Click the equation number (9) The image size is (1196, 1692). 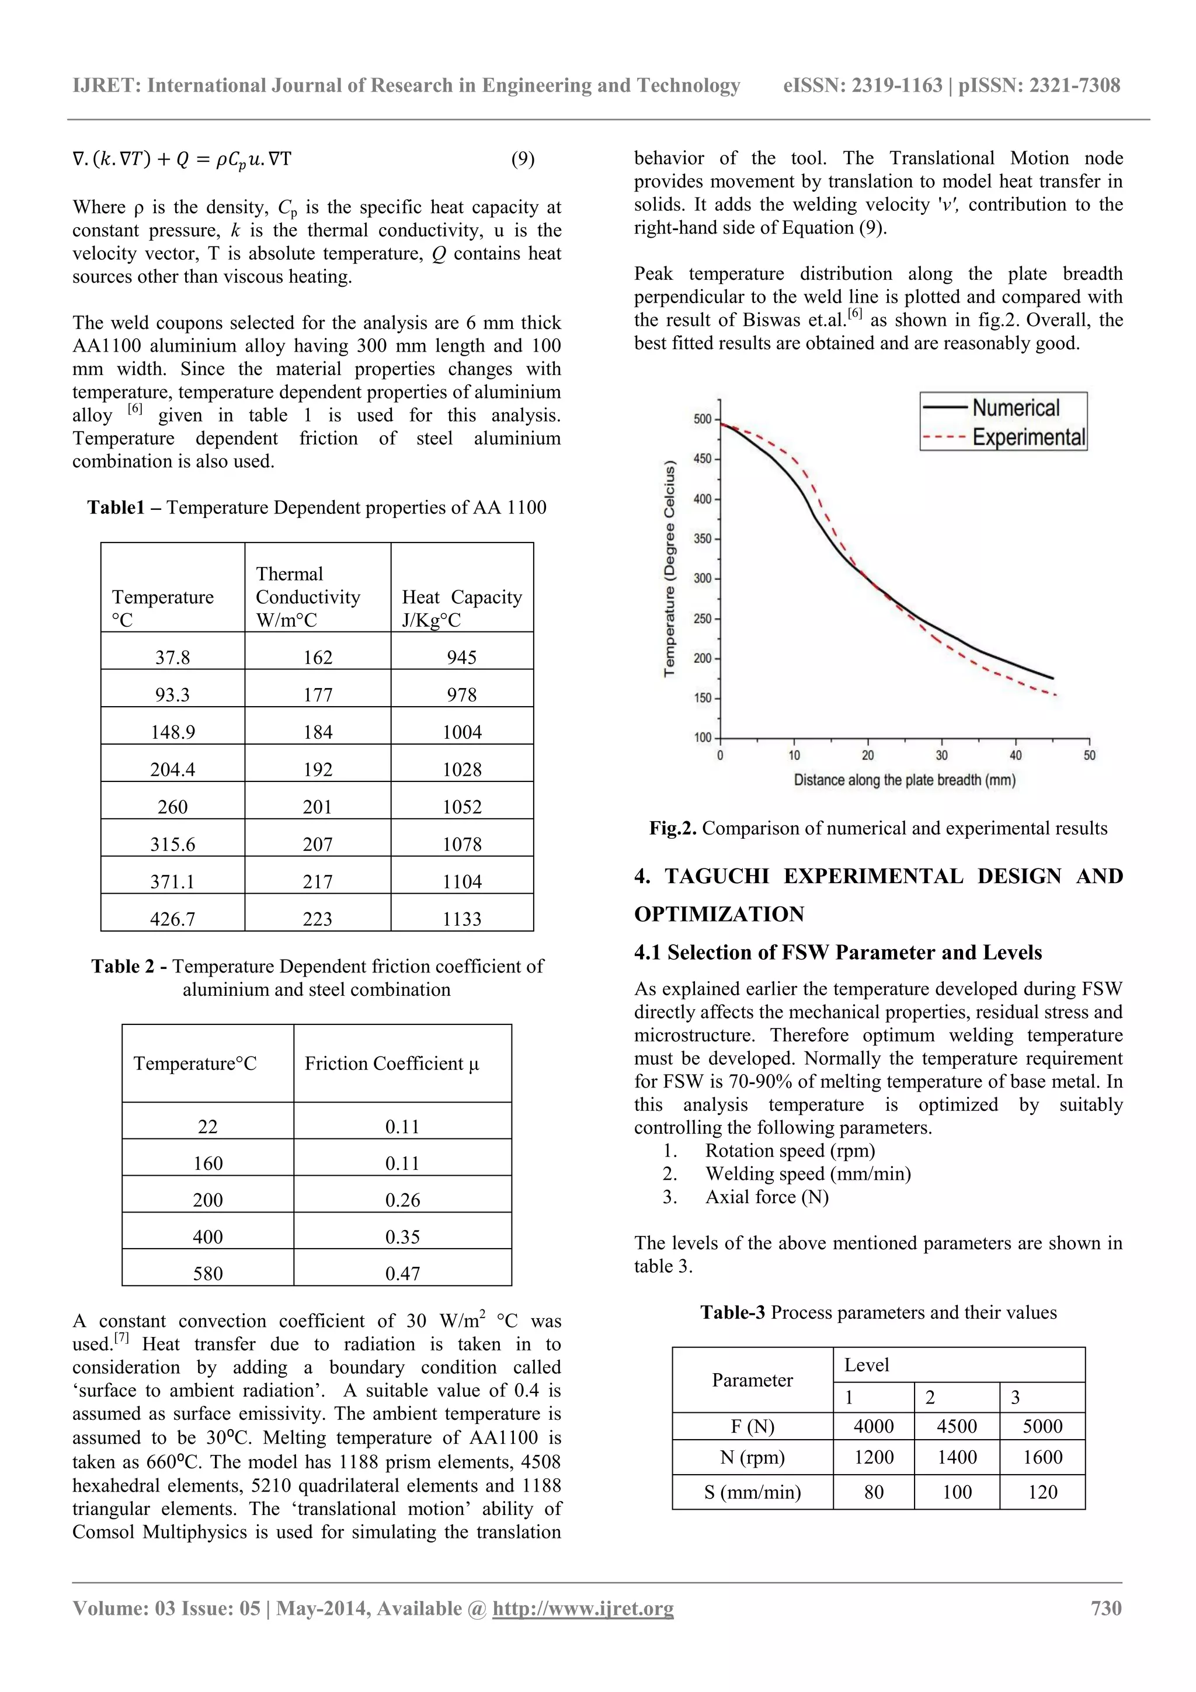pos(523,159)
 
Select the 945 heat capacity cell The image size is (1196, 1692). pos(461,656)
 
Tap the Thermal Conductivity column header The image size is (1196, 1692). pos(308,596)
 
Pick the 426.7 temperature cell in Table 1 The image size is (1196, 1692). pos(172,918)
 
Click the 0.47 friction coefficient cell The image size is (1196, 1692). pos(402,1273)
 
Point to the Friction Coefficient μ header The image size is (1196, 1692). pos(391,1064)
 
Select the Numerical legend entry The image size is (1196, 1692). pos(1015,408)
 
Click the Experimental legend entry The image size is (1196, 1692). pos(1028,437)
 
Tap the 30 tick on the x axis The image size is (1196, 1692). pos(942,755)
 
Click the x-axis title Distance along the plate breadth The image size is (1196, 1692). pos(904,780)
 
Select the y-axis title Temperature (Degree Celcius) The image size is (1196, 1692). pos(669,568)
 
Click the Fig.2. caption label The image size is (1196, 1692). pos(672,828)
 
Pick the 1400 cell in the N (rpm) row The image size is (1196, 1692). pos(957,1457)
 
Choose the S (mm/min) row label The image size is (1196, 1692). pos(752,1492)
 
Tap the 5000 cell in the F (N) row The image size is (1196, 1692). pos(1042,1426)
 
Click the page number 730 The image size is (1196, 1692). pos(1105,1608)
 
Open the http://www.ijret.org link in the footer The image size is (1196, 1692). pos(583,1608)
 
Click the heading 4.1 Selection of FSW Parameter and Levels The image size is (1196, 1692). pos(838,952)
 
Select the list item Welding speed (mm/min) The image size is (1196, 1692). pos(808,1173)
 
